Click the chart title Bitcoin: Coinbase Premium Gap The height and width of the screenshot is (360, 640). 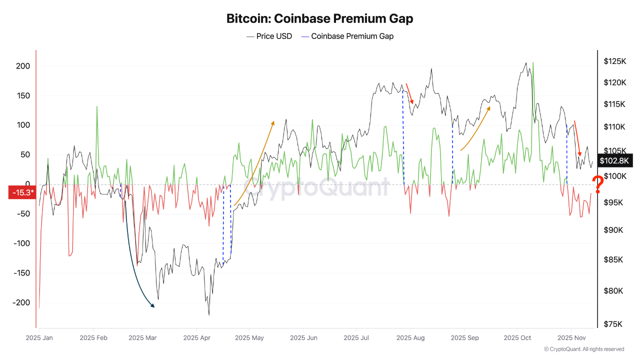pyautogui.click(x=320, y=19)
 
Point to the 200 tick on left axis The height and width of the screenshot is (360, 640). pyautogui.click(x=23, y=66)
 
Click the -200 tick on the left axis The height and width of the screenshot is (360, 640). pyautogui.click(x=21, y=302)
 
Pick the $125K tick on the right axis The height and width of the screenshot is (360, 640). pyautogui.click(x=615, y=61)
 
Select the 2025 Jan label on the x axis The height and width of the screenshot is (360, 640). pyautogui.click(x=39, y=338)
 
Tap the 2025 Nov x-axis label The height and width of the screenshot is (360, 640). pyautogui.click(x=571, y=338)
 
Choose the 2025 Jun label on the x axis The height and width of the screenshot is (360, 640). pyautogui.click(x=303, y=338)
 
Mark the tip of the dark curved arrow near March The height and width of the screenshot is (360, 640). pyautogui.click(x=154, y=306)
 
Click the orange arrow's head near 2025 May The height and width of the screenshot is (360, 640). pyautogui.click(x=273, y=122)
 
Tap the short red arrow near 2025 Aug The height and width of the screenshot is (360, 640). pyautogui.click(x=409, y=94)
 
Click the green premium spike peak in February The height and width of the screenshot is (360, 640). pyautogui.click(x=96, y=106)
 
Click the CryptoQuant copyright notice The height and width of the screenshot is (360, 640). pyautogui.click(x=583, y=349)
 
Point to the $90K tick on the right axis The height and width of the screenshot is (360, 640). pyautogui.click(x=614, y=230)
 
